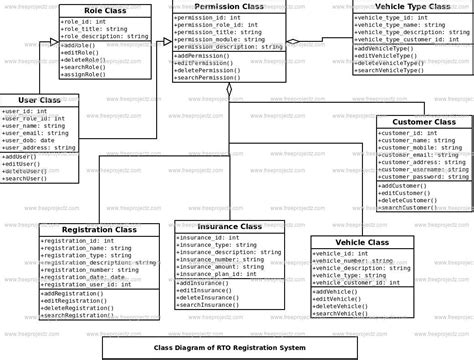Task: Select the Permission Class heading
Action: (x=230, y=7)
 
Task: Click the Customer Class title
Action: (x=424, y=122)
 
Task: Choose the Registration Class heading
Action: (x=98, y=230)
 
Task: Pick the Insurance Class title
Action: (x=230, y=227)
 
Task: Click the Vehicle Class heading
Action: (x=364, y=243)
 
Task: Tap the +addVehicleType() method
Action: (x=384, y=48)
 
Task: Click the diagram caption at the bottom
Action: (x=228, y=347)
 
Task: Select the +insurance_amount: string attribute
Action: (x=221, y=267)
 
